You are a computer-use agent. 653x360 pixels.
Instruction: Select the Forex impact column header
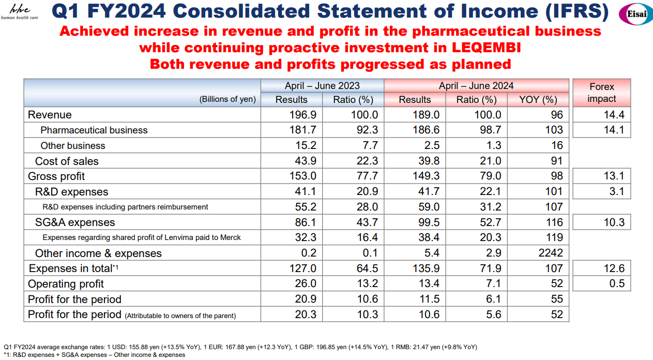tap(601, 93)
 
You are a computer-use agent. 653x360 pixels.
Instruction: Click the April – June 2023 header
tap(322, 86)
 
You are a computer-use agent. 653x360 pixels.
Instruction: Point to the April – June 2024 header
tap(476, 86)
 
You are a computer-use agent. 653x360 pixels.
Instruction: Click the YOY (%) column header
tap(538, 99)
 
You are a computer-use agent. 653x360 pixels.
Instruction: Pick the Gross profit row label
tap(56, 176)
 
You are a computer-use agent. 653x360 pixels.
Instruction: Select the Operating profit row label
tap(66, 284)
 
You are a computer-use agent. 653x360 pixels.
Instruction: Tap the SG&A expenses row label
tap(75, 222)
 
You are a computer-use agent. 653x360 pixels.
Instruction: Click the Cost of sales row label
tap(67, 161)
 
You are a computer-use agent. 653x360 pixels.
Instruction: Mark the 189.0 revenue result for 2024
tap(427, 115)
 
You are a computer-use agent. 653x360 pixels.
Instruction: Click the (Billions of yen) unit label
tap(227, 100)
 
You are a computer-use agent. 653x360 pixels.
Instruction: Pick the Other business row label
tap(73, 146)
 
